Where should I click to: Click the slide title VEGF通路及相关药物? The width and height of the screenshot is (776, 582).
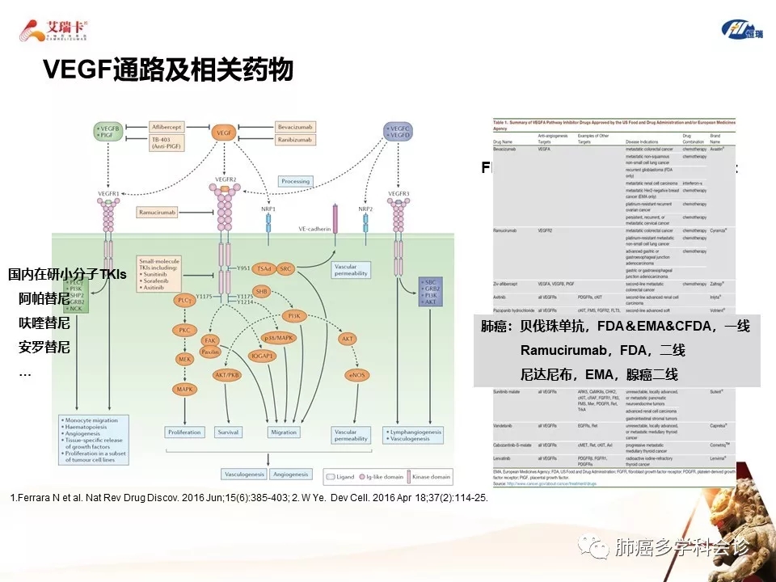pyautogui.click(x=167, y=70)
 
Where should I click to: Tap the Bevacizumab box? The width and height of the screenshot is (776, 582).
pyautogui.click(x=300, y=127)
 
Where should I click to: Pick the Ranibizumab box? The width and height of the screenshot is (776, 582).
pyautogui.click(x=300, y=140)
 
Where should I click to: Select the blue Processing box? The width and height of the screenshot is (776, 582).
pyautogui.click(x=295, y=182)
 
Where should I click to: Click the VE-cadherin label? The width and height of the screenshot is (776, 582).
pyautogui.click(x=314, y=230)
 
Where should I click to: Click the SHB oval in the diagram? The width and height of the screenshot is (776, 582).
pyautogui.click(x=261, y=291)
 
